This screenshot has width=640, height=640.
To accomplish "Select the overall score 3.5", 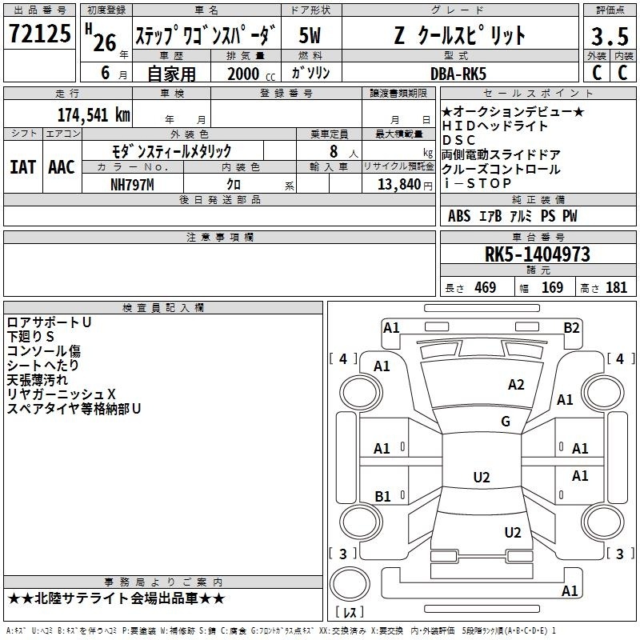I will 608,36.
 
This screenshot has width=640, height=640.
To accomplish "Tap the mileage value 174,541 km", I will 94,114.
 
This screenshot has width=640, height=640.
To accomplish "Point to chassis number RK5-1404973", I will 537,254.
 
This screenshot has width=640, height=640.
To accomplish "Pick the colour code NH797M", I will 132,184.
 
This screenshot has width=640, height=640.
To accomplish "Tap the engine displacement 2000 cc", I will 245,74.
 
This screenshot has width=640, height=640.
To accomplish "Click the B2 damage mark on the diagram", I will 571,327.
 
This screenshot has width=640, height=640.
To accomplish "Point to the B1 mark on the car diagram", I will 382,497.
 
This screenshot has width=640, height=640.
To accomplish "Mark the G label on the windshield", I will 505,422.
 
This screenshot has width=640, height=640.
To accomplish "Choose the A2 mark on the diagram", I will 516,385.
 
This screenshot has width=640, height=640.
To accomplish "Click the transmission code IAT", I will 22,167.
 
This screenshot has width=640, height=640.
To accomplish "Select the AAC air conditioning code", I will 61,167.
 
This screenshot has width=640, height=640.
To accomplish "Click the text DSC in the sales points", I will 458,140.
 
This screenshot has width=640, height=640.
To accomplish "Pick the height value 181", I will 616,288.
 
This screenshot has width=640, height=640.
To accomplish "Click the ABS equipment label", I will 459,216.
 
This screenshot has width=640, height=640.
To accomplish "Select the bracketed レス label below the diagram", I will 349,613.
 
